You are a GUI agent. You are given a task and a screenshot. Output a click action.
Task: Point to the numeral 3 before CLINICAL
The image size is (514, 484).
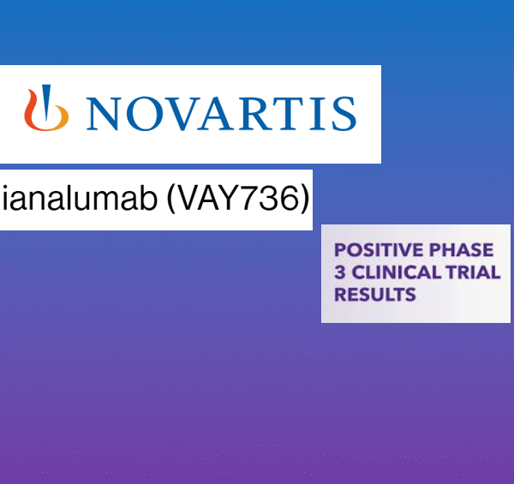(338, 273)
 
